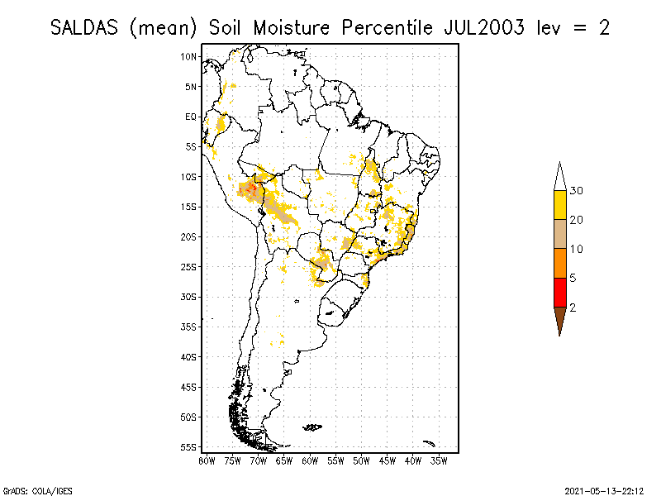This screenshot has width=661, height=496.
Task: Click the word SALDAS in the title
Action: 86,27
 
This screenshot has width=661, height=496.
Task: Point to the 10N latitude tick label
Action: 188,56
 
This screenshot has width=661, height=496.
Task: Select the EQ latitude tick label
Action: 191,117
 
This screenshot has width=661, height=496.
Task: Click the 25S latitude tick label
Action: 188,266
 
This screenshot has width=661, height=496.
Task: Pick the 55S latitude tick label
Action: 188,446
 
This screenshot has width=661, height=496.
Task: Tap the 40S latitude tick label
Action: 188,356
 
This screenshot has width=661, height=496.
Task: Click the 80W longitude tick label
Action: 207,460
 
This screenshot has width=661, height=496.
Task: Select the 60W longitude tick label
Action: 310,460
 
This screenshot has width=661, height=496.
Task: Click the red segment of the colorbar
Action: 559,293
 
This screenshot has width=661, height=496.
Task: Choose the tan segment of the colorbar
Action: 559,234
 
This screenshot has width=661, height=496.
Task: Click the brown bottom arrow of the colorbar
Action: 559,319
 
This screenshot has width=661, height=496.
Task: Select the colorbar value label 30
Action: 577,191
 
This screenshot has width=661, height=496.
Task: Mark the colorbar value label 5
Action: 573,278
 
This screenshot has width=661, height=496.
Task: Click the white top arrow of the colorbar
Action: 559,177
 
